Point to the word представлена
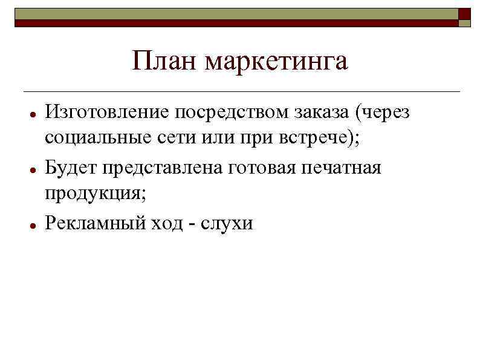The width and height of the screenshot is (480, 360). pos(161,168)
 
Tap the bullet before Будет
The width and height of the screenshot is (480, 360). pos(30,169)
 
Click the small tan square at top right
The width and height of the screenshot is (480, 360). pos(464,23)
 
